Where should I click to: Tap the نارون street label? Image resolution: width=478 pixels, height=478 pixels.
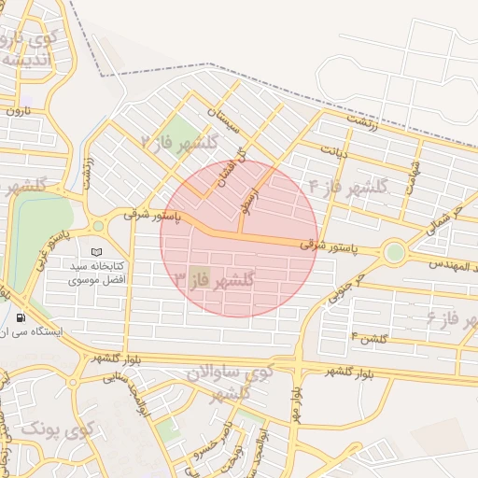(20, 111)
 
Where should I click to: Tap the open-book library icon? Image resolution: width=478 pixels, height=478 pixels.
(96, 252)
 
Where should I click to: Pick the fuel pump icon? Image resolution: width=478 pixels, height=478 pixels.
(21, 317)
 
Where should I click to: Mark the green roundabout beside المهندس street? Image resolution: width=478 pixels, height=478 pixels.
(394, 251)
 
